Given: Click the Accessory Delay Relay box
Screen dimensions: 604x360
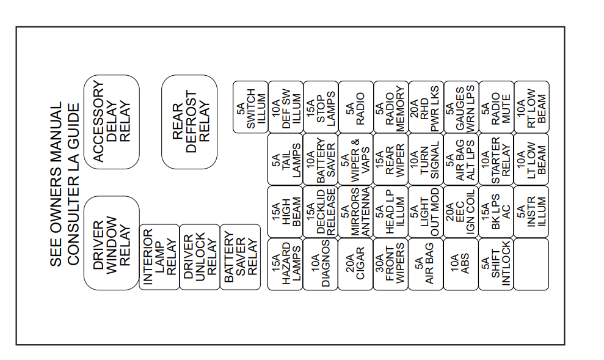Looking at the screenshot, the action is click(112, 122).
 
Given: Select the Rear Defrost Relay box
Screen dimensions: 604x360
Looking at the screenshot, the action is click(189, 122).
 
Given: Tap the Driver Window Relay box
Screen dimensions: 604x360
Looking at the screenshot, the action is click(112, 243).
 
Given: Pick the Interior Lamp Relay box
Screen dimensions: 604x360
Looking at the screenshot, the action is click(159, 257).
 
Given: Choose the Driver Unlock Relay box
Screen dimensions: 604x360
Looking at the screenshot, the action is click(200, 257).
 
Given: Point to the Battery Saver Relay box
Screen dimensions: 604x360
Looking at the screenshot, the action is click(240, 257).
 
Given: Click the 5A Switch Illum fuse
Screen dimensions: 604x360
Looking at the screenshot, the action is click(250, 107).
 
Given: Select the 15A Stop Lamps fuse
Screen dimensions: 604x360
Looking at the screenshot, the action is click(321, 107).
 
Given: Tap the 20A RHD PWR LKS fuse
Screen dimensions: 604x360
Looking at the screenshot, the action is click(426, 107).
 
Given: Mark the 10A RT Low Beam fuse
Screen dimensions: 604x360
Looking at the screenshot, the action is click(531, 107).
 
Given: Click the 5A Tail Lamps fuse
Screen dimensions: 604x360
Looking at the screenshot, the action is click(285, 160).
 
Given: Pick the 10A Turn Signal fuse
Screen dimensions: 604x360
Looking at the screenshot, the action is click(426, 160).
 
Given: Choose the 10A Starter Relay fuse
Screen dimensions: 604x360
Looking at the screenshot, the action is click(496, 160).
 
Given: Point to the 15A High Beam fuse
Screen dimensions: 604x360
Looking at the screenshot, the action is click(285, 211).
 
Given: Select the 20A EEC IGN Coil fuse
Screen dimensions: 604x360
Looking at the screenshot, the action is click(460, 211).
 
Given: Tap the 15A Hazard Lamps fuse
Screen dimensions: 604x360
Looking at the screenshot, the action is click(285, 264).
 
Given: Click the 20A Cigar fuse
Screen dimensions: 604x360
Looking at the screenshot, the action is click(355, 264).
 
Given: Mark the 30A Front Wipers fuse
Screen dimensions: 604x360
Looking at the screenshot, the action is click(391, 264).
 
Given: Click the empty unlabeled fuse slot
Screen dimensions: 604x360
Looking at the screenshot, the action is click(531, 264).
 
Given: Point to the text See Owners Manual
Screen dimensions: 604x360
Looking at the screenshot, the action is click(56, 184).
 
